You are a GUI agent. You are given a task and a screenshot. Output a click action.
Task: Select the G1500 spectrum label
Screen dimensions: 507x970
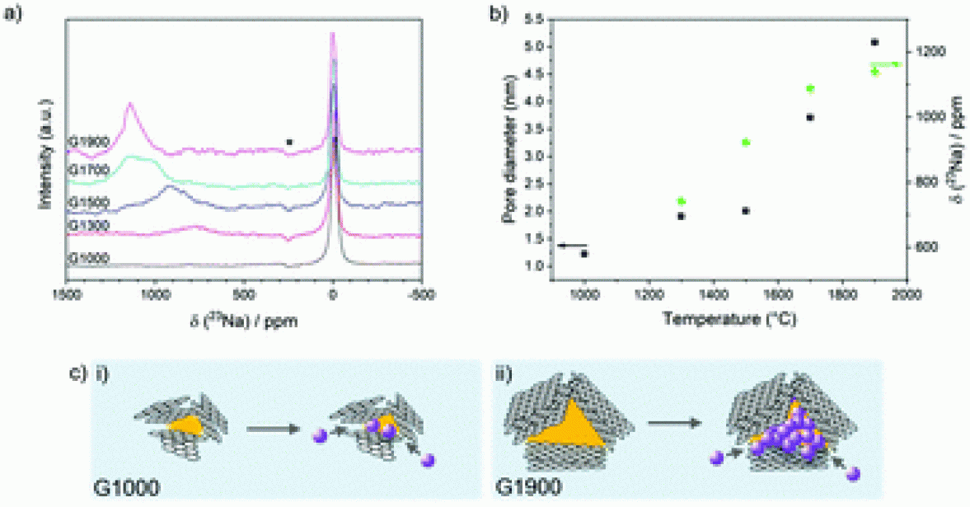coord(85,200)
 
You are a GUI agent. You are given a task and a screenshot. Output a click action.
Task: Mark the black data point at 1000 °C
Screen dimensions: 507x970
coord(584,254)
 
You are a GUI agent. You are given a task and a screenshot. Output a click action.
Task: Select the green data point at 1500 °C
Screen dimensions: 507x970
coord(746,143)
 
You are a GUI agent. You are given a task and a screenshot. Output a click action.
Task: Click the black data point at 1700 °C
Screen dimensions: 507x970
coord(810,117)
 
